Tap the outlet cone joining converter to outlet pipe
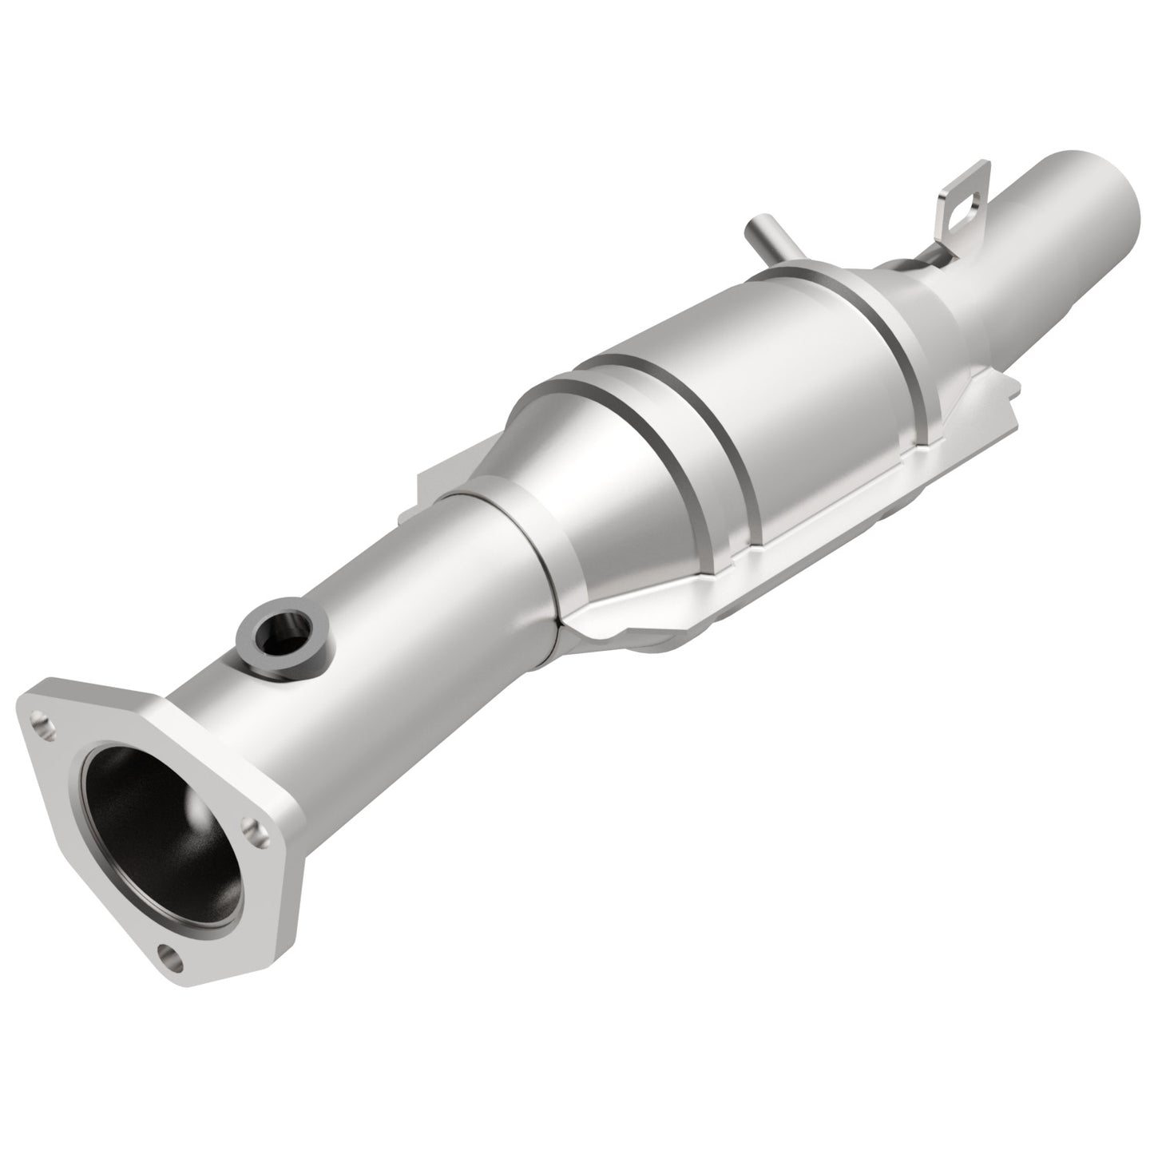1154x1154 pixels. (926, 303)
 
